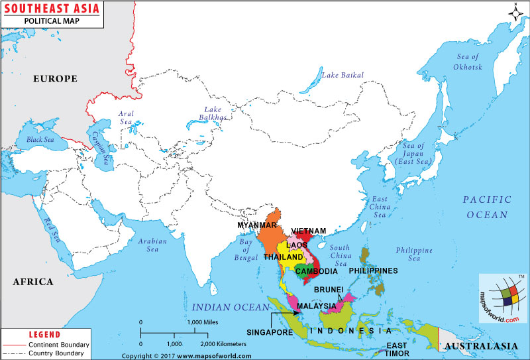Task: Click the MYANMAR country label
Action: (x=258, y=225)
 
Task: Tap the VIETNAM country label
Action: (x=309, y=231)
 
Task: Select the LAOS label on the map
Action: (x=297, y=245)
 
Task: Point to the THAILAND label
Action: (x=284, y=257)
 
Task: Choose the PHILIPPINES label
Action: (x=373, y=270)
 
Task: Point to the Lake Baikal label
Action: (x=343, y=75)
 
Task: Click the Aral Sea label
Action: (x=126, y=118)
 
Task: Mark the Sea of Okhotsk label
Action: (x=467, y=62)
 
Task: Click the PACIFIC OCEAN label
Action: (x=487, y=207)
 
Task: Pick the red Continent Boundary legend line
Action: (x=13, y=345)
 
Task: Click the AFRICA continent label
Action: (x=32, y=282)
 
